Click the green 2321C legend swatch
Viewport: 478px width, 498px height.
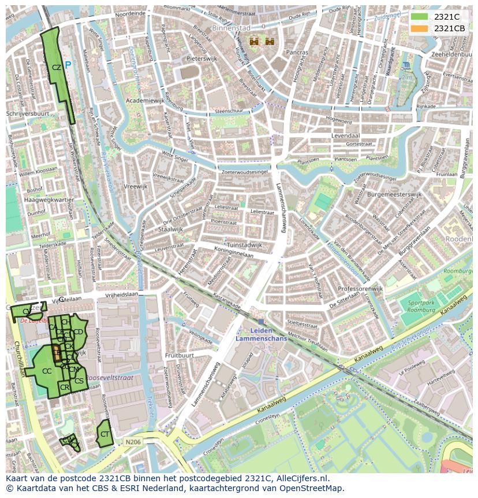(x=420, y=17)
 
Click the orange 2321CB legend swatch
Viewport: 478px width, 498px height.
(x=420, y=28)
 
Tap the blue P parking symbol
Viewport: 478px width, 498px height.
(x=69, y=66)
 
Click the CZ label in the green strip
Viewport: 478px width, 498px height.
(x=56, y=68)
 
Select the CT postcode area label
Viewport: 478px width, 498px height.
(x=104, y=434)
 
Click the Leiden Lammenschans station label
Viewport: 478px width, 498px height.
(x=261, y=335)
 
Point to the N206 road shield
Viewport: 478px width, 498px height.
(x=132, y=442)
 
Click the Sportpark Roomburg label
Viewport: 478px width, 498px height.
(x=421, y=306)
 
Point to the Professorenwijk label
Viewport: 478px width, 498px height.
(x=360, y=288)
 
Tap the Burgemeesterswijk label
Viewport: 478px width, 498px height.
(x=395, y=195)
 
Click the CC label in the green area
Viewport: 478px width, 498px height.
(x=47, y=371)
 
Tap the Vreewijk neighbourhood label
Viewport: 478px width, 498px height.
(x=136, y=187)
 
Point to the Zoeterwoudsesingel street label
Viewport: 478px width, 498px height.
(x=244, y=172)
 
